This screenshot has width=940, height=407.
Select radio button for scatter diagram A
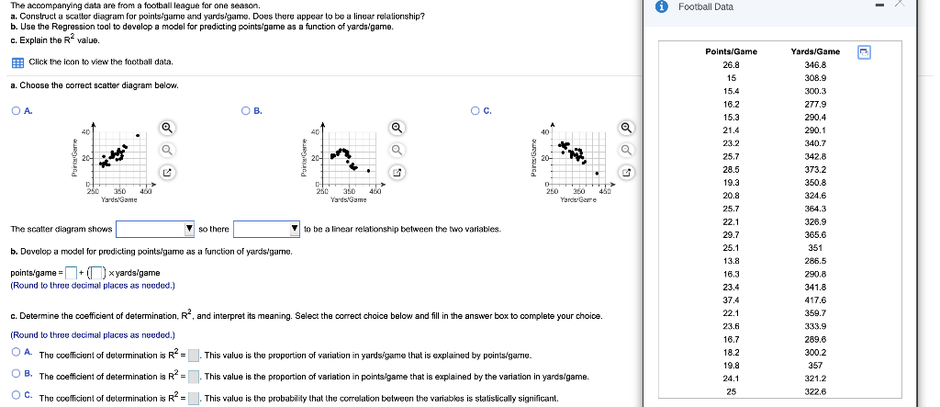pos(17,112)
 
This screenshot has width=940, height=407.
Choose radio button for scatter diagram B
pos(246,112)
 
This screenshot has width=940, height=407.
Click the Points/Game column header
pos(733,51)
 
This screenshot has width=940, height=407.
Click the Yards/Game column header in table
pos(815,51)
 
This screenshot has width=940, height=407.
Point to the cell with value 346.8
pos(815,65)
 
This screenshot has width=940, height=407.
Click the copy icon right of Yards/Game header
pos(863,51)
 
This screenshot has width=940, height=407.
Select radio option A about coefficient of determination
pos(17,353)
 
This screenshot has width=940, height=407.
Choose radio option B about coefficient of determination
pos(17,376)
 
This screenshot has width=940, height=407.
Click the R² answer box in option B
pos(195,377)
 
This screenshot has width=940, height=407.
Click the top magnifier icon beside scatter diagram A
pos(166,128)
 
